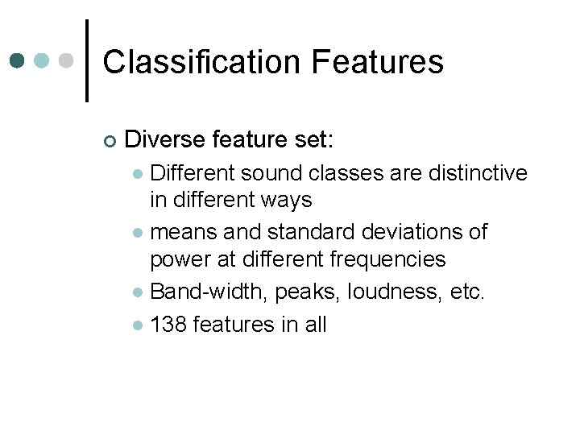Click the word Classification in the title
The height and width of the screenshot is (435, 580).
(201, 62)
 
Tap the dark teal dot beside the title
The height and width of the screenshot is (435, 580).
(18, 60)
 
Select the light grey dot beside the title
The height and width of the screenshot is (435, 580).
(68, 60)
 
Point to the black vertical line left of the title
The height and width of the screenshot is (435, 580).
(86, 60)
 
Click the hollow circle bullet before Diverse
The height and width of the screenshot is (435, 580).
(110, 142)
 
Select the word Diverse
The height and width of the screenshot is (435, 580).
(166, 140)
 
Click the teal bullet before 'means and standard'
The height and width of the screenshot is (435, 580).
(139, 234)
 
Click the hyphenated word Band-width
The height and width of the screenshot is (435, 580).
(208, 291)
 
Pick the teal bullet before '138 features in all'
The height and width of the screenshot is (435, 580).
(139, 325)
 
